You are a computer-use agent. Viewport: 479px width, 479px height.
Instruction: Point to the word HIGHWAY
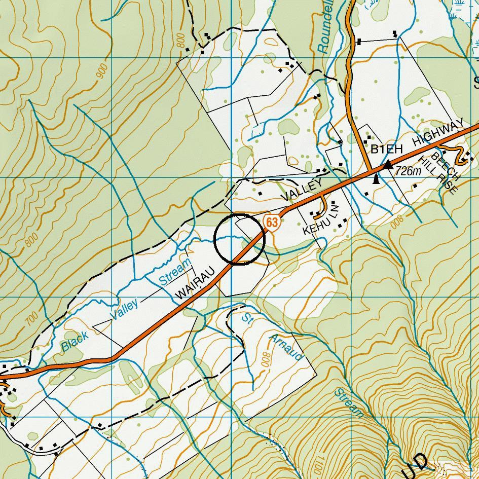coord(438,133)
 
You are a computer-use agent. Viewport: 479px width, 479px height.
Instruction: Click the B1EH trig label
coord(386,149)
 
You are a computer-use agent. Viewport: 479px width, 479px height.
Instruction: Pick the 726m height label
coord(409,171)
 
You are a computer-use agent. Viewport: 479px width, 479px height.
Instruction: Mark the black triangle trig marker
coord(388,164)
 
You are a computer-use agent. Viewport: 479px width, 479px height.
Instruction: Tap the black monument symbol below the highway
coord(376,179)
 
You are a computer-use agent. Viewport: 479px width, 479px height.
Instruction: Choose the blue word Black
coord(75,342)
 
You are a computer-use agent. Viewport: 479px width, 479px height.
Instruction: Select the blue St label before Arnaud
coord(247,318)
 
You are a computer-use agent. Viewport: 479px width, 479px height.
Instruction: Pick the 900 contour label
coord(101,72)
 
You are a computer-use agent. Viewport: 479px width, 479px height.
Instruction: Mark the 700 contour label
coord(31,319)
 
